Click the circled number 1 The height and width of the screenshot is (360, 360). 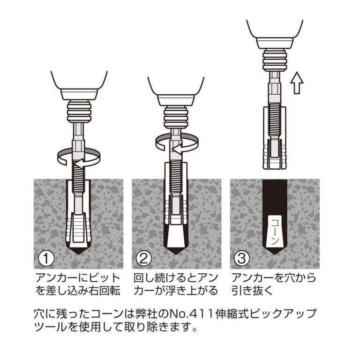46,257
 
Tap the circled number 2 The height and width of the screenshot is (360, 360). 143,257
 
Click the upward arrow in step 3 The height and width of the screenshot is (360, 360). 297,83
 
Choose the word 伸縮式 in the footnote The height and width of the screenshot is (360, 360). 237,313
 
